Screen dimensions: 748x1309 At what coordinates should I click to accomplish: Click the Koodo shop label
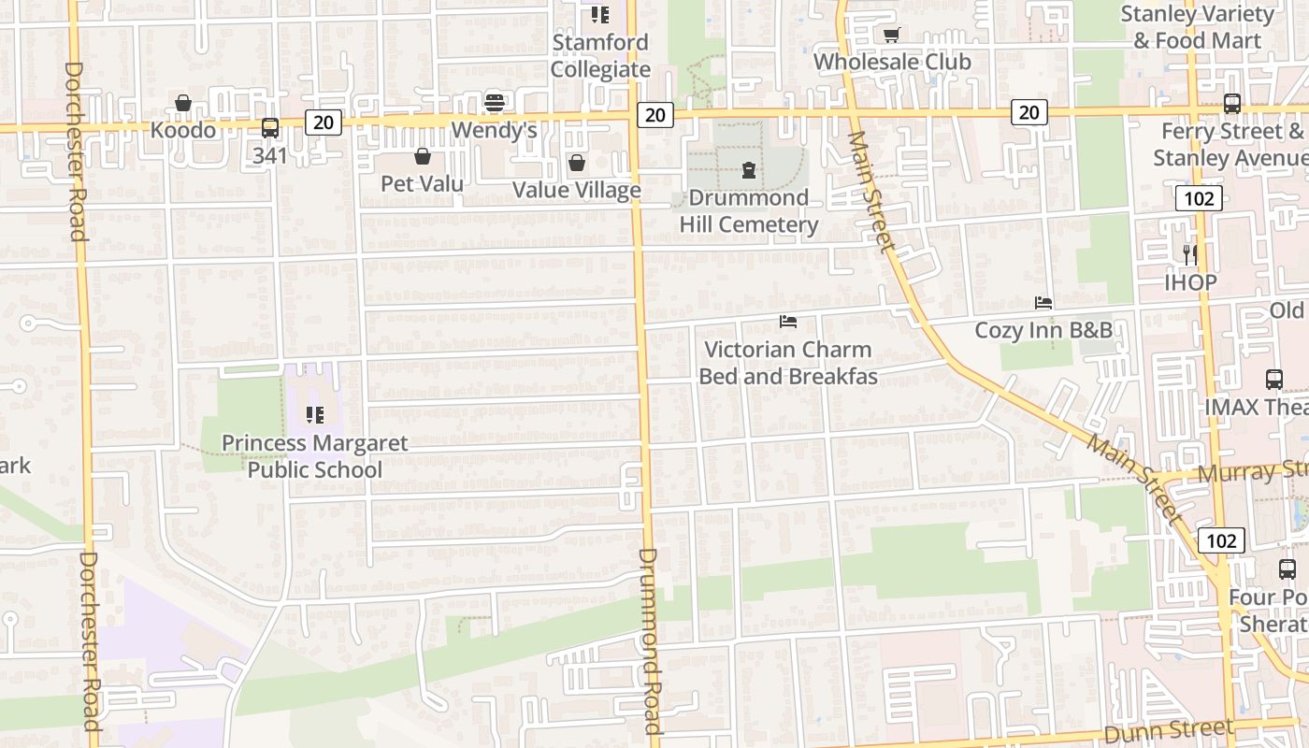[183, 130]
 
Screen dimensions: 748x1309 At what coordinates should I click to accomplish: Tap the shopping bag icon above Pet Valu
[423, 156]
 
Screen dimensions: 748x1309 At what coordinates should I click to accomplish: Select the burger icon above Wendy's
[495, 102]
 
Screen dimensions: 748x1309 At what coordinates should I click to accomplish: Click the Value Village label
[576, 191]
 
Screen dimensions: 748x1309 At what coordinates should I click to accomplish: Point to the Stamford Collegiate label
[600, 56]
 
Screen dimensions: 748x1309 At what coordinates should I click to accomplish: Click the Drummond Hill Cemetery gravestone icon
[748, 170]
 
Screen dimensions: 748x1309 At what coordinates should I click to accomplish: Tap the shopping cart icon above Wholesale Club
[891, 36]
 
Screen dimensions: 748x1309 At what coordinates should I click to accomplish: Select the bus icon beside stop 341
[270, 128]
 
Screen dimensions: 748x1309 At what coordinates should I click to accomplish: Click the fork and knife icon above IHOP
[1190, 254]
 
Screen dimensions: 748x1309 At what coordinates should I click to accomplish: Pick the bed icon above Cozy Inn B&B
[1043, 303]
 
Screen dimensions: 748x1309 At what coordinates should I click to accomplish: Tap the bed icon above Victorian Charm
[788, 322]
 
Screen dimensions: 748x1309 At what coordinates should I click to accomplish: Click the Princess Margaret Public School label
[315, 456]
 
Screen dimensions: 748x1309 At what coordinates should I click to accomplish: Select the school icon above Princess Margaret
[315, 414]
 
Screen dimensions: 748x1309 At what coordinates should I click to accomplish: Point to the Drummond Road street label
[650, 640]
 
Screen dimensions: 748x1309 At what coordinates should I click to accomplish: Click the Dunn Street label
[1169, 729]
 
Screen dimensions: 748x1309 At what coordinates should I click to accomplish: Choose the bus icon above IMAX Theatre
[1274, 380]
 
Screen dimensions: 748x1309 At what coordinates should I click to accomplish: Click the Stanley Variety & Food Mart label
[1197, 28]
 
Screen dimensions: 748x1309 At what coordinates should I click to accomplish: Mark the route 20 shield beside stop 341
[324, 122]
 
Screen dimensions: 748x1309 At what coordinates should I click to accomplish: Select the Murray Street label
[1252, 471]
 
